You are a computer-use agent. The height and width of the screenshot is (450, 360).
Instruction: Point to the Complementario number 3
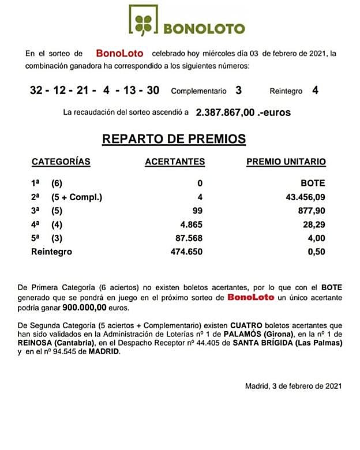click(x=239, y=90)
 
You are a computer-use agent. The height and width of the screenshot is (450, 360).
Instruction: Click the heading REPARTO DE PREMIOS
click(x=174, y=139)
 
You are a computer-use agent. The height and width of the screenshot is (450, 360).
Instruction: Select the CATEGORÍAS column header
click(x=61, y=162)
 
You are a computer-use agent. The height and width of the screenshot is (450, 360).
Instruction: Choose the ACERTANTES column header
click(x=175, y=162)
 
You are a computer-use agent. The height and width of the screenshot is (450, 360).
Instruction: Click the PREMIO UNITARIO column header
click(x=286, y=162)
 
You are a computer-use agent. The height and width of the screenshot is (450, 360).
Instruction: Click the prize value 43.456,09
click(x=304, y=197)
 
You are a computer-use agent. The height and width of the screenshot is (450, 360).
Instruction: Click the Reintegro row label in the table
click(x=51, y=252)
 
